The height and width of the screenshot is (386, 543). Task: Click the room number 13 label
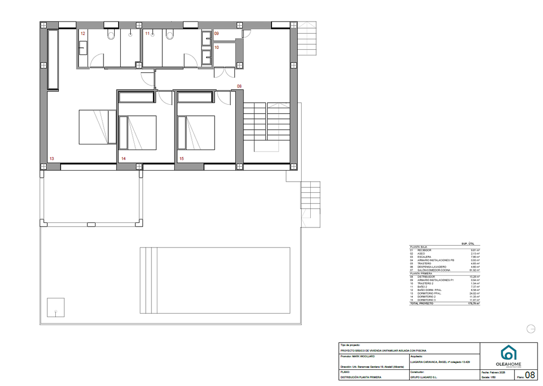coord(52,159)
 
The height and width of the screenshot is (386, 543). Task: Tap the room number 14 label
coord(123,159)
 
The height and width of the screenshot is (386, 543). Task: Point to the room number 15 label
coord(182,159)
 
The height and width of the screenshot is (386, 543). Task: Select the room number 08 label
coord(239,86)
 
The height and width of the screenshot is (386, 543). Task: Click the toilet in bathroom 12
coord(112,35)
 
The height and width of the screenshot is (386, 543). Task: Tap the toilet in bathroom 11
coord(169,35)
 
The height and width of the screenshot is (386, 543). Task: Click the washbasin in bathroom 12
coord(83,48)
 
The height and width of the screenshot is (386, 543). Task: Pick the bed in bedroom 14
coord(137,132)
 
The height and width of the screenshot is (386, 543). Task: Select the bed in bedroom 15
coord(196,132)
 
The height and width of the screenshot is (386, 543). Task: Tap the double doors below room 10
coord(224,72)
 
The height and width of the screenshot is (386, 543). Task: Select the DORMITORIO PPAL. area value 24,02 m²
coord(474,293)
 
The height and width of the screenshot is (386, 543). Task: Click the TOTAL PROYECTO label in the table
coord(421,304)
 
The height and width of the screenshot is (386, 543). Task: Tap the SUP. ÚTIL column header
coord(468,244)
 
